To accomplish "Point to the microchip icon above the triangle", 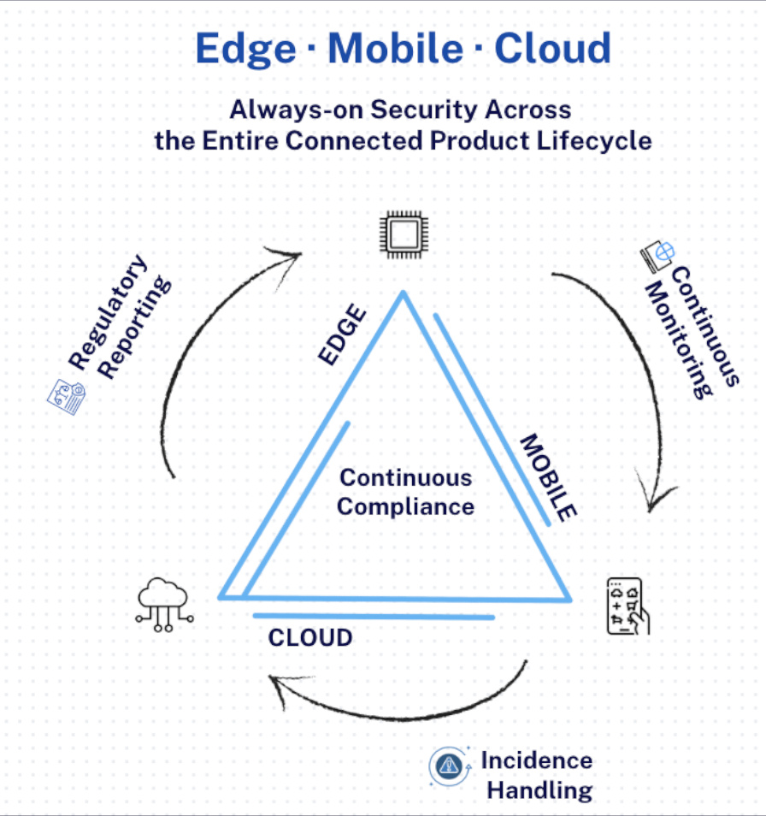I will pos(403,232).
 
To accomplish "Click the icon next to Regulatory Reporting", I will pos(66,396).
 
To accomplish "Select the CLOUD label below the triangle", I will pos(310,638).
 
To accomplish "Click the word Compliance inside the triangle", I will pos(405,506).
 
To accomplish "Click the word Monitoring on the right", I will pos(681,340).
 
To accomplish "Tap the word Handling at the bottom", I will pos(539,789).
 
